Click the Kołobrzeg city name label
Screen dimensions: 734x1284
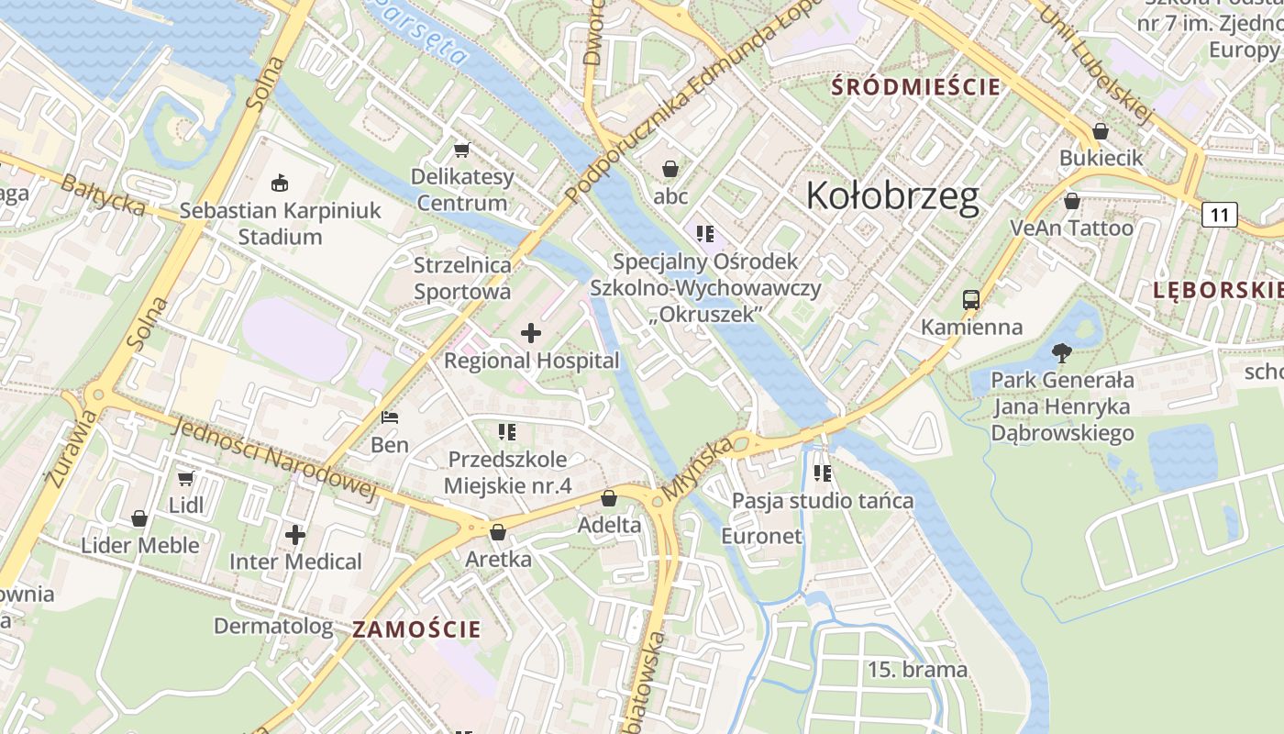pyautogui.click(x=892, y=196)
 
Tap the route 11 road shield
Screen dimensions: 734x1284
pyautogui.click(x=1219, y=215)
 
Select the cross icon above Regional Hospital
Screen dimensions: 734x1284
pyautogui.click(x=530, y=333)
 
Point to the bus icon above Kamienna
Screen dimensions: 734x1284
pyautogui.click(x=970, y=299)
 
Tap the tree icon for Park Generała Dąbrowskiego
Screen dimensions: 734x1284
pyautogui.click(x=1062, y=352)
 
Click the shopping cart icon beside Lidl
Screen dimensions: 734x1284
pyautogui.click(x=186, y=478)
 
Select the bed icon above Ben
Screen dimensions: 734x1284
pyautogui.click(x=390, y=417)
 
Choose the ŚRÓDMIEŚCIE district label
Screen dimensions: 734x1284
pyautogui.click(x=915, y=87)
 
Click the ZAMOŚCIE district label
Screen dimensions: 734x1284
pyautogui.click(x=416, y=629)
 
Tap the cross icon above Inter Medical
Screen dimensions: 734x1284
pyautogui.click(x=294, y=534)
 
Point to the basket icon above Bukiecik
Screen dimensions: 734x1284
pyautogui.click(x=1100, y=131)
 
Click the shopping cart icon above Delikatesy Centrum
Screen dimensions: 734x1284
pyautogui.click(x=461, y=149)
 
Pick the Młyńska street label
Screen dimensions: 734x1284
pyautogui.click(x=698, y=468)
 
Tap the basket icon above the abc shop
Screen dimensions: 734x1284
pyautogui.click(x=670, y=169)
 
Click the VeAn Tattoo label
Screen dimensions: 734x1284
pyautogui.click(x=1071, y=228)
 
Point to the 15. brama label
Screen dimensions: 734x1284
pyautogui.click(x=917, y=670)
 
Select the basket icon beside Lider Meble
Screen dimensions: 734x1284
pyautogui.click(x=139, y=519)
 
